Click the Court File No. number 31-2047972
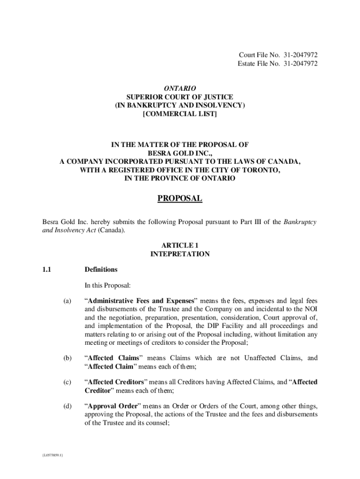click(x=300, y=55)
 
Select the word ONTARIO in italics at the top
click(x=180, y=88)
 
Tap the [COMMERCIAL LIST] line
click(x=180, y=114)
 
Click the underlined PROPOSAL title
click(x=180, y=199)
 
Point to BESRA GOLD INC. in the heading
click(x=180, y=153)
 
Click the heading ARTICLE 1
click(x=180, y=245)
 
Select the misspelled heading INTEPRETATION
click(x=180, y=254)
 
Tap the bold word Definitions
click(x=101, y=269)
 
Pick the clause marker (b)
click(x=68, y=358)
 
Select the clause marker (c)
click(x=68, y=382)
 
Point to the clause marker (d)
click(x=68, y=406)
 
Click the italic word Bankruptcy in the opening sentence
click(x=301, y=222)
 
